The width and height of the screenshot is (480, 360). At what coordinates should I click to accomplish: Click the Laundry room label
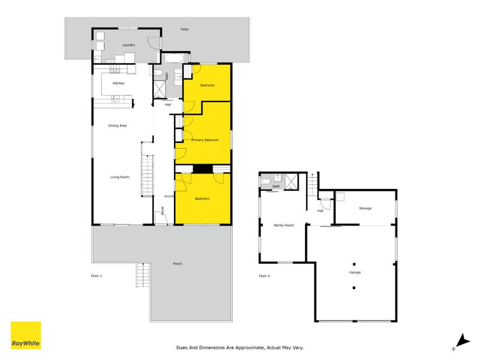128,45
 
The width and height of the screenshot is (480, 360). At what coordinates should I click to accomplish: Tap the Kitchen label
118,83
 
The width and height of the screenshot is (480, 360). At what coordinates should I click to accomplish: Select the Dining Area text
117,125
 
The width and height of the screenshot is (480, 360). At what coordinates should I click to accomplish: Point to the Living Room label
119,177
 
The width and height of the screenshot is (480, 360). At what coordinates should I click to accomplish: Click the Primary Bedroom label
205,140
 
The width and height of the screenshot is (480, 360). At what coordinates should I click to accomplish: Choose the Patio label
185,29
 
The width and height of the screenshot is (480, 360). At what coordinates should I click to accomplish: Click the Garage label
355,272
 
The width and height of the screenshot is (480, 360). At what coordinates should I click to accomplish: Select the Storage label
365,208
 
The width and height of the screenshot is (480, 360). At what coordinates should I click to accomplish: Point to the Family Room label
284,225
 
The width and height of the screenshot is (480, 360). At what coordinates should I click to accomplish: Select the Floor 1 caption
96,275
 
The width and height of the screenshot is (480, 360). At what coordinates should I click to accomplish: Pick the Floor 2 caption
264,275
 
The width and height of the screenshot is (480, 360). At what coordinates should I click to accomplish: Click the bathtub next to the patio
172,58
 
